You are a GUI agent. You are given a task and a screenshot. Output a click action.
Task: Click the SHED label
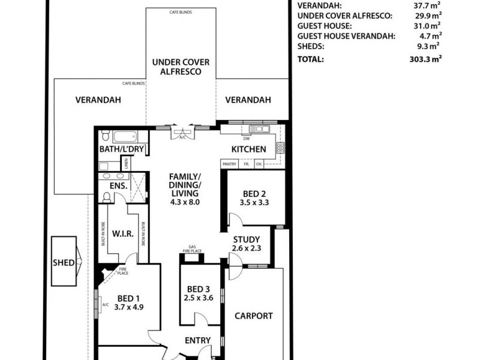point(64,262)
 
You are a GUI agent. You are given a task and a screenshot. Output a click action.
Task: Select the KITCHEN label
point(249,149)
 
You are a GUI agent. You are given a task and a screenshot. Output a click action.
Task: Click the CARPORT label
point(254,316)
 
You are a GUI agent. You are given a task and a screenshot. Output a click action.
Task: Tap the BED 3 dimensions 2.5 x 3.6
point(199,297)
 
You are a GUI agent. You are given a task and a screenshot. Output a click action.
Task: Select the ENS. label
point(118,186)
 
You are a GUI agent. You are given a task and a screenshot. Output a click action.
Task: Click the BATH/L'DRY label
point(122,149)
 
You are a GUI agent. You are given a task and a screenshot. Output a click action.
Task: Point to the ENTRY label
point(197,341)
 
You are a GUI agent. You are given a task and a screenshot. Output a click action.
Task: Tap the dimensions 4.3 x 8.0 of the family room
point(184,202)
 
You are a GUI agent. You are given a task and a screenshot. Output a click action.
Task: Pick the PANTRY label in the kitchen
point(229,164)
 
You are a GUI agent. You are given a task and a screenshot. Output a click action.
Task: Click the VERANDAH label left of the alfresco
point(98,100)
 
